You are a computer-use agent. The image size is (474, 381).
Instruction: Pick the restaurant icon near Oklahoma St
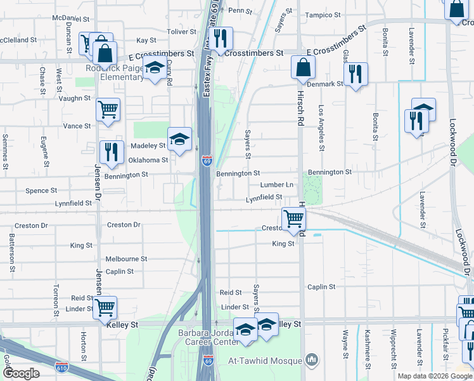click(111, 152)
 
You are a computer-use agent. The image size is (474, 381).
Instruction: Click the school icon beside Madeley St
click(179, 139)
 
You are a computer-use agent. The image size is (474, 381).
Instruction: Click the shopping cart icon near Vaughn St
click(108, 109)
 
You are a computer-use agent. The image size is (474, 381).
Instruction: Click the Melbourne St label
click(126, 259)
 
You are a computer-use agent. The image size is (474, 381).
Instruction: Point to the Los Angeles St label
click(321, 128)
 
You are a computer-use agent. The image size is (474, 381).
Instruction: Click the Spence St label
click(41, 190)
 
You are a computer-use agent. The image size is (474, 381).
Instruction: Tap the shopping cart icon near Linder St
click(106, 307)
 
